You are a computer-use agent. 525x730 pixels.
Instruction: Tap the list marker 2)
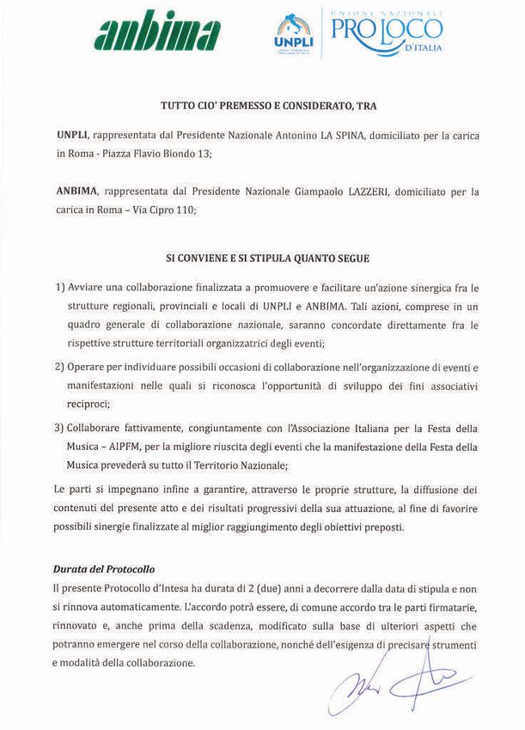60,367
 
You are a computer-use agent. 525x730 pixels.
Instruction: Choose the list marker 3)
60,428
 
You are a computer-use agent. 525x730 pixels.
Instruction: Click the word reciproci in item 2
89,403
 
